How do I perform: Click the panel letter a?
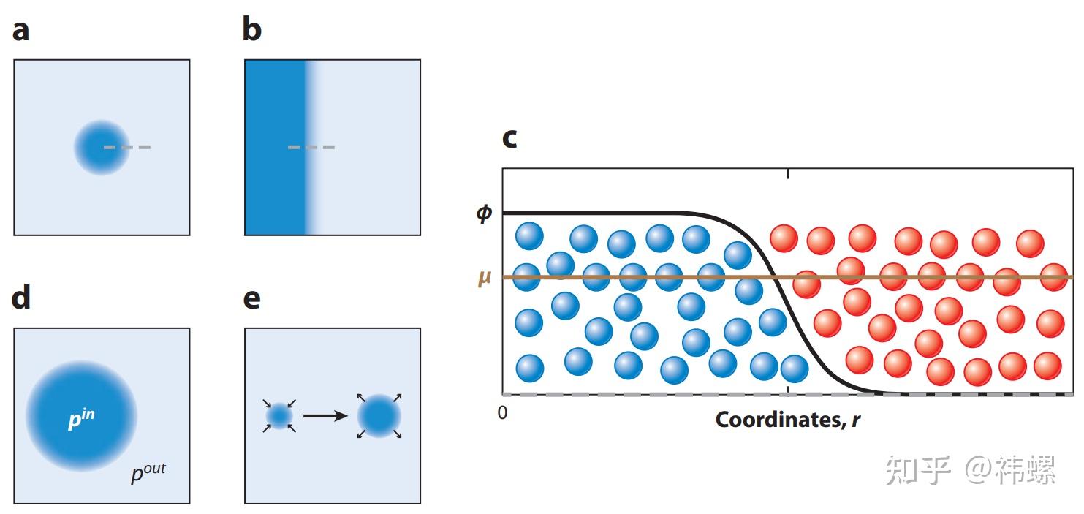pos(20,31)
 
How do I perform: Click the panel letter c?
pos(509,139)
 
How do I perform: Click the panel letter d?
pos(20,297)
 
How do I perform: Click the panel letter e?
pos(251,300)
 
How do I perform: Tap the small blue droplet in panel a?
pos(102,147)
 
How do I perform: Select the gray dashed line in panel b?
pos(311,147)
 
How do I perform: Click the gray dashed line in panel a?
pos(127,147)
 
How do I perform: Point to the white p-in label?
pos(81,419)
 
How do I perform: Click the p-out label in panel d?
pos(148,472)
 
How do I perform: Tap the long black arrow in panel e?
pos(325,416)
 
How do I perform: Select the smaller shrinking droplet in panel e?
pos(279,416)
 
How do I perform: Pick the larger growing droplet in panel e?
pos(379,416)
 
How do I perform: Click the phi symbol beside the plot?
pos(484,213)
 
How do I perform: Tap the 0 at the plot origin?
pos(502,412)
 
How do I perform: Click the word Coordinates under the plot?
pos(781,420)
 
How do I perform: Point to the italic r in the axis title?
pos(856,421)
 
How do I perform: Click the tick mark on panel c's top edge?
pos(788,173)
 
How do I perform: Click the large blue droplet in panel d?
pos(81,416)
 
